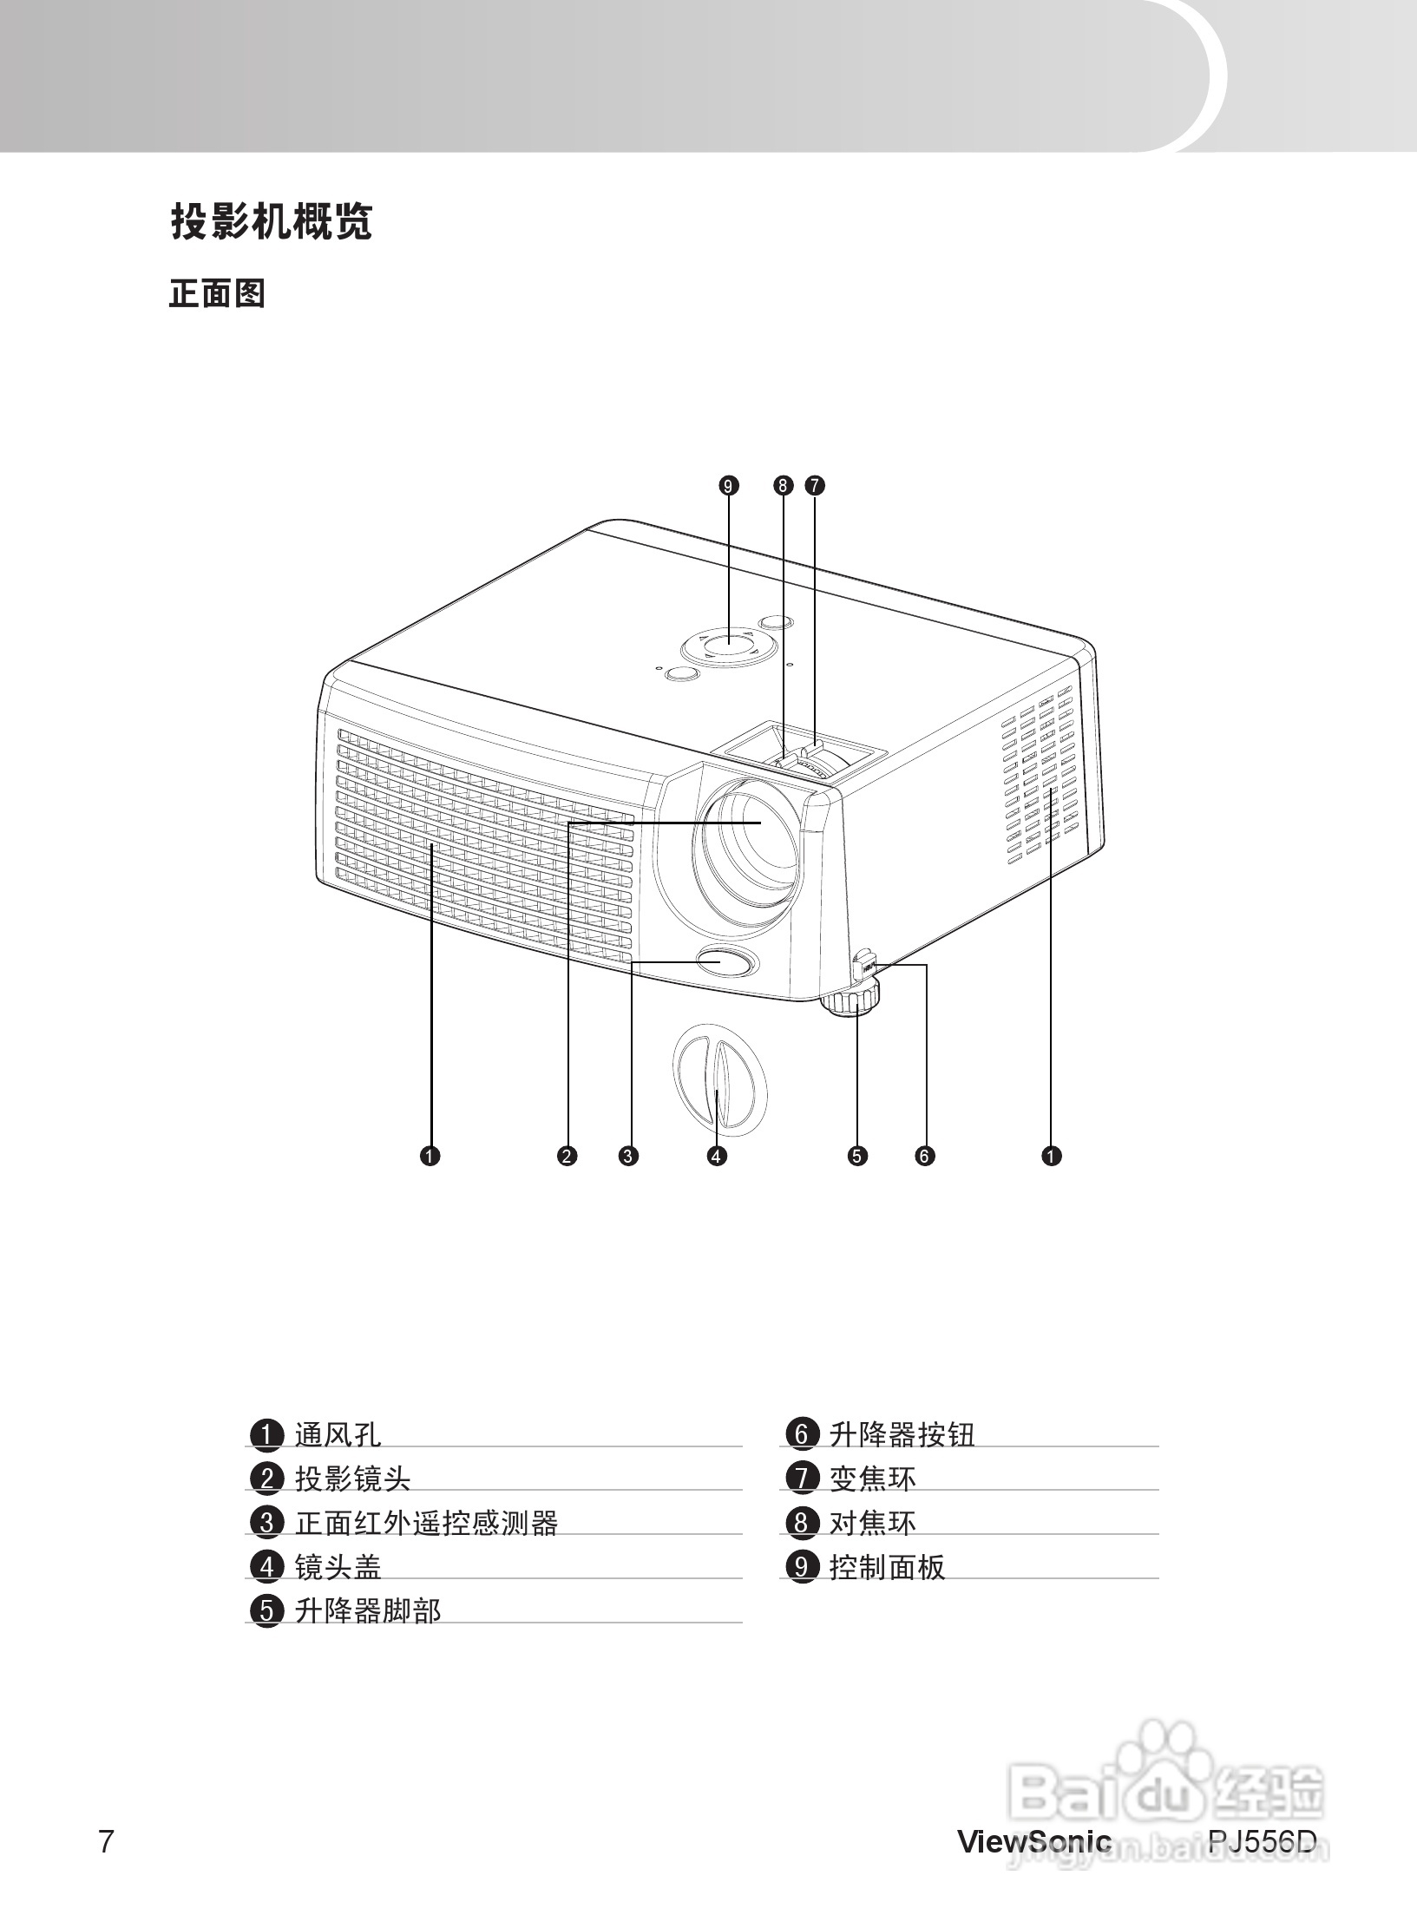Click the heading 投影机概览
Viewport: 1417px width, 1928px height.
point(271,222)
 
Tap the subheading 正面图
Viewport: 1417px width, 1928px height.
point(217,294)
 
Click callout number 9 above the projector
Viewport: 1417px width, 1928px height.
point(729,485)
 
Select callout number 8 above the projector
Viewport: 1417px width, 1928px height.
point(783,485)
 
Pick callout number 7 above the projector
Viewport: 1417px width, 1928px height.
point(815,485)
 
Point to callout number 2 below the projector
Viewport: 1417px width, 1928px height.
point(567,1155)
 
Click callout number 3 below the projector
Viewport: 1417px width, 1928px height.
point(629,1155)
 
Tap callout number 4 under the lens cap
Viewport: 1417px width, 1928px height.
point(717,1155)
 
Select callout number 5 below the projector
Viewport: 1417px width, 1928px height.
point(857,1155)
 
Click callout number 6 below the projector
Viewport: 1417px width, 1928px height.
point(925,1155)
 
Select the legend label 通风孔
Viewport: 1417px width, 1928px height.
point(338,1434)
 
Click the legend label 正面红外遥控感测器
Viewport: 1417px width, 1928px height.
point(426,1523)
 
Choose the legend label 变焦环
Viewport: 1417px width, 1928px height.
point(872,1479)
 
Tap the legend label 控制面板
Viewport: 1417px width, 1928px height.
point(887,1567)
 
